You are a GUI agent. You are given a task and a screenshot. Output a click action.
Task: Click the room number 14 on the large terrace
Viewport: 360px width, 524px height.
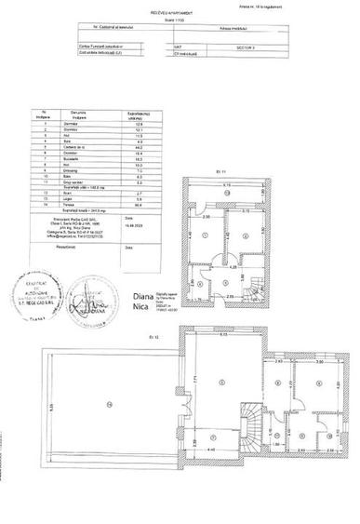[110, 403]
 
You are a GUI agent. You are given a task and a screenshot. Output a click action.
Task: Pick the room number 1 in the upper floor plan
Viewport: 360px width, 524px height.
[205, 237]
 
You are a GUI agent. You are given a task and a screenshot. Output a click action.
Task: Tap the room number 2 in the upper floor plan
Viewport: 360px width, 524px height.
[243, 237]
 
